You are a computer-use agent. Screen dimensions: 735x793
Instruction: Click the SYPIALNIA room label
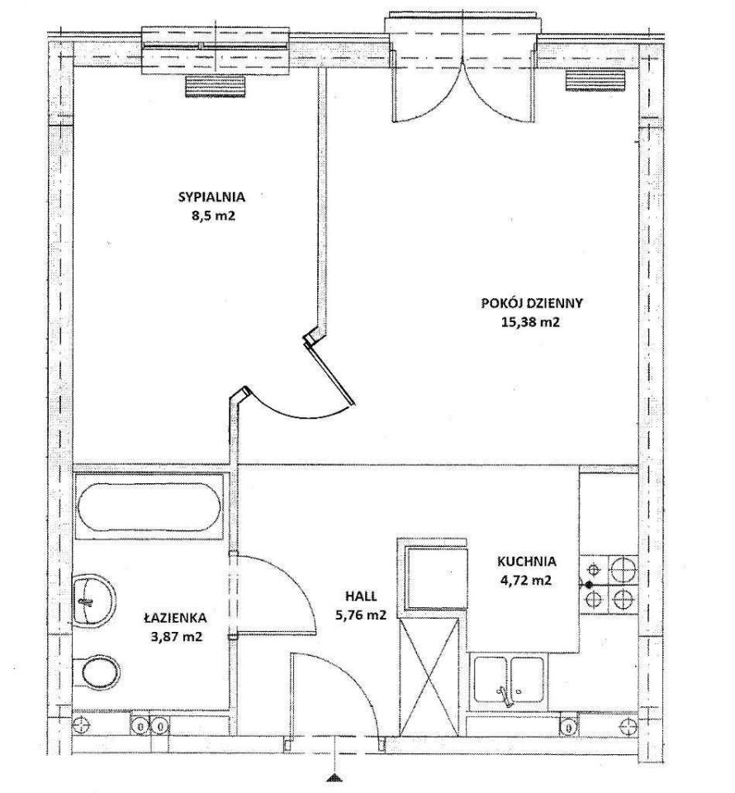tap(211, 197)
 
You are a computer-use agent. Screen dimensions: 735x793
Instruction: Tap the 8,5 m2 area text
tap(211, 216)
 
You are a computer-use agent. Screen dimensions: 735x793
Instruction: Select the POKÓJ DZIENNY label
tap(532, 303)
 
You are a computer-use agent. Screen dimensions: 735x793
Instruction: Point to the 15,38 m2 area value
tap(531, 322)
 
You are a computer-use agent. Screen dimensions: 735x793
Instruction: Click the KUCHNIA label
tap(527, 561)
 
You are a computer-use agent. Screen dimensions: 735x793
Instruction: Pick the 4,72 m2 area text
tap(527, 580)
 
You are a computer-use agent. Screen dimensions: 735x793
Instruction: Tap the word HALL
tap(362, 596)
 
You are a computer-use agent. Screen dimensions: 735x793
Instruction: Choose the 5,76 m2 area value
tap(362, 615)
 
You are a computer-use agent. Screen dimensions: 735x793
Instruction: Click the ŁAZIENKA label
tap(175, 617)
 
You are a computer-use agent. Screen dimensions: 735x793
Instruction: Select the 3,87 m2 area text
tap(177, 637)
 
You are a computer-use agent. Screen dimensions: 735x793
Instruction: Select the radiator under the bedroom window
tap(216, 86)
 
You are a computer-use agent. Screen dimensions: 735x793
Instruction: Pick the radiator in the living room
tap(595, 81)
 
